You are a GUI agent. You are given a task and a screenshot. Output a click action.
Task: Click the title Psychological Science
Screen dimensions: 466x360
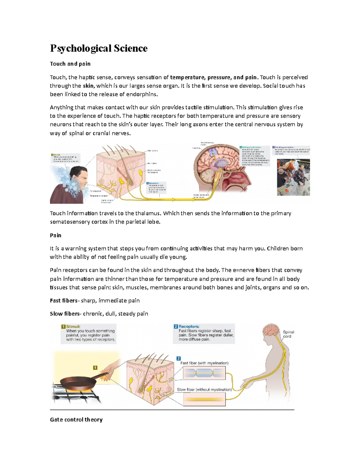[x=99, y=48]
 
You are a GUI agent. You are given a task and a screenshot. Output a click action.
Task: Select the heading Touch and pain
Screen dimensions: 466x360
[x=70, y=64]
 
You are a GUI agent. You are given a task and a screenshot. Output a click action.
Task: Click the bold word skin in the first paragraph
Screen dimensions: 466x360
[x=88, y=86]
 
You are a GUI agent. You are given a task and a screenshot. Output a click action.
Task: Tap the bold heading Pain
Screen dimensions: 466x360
[x=55, y=235]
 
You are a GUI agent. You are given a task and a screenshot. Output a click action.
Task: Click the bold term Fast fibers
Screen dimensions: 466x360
[x=63, y=301]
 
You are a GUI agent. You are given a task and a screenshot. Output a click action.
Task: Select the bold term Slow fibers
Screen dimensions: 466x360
[x=64, y=314]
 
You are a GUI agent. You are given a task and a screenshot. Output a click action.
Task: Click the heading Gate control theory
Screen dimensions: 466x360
[x=76, y=419]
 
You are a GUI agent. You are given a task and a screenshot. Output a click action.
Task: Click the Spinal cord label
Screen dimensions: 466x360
[x=288, y=334]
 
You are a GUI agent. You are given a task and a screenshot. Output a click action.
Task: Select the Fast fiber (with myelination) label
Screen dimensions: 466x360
[x=204, y=363]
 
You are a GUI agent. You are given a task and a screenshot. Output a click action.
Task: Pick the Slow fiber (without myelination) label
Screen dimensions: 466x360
[x=204, y=389]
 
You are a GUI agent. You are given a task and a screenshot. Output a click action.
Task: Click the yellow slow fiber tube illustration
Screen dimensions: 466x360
[x=204, y=400]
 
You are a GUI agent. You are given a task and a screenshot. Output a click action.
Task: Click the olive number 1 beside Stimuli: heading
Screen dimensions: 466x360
[x=63, y=326]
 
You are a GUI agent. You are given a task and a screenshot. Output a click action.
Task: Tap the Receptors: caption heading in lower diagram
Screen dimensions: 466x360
[x=189, y=326]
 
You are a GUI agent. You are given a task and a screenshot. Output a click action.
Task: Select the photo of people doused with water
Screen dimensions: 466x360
[x=293, y=177]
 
